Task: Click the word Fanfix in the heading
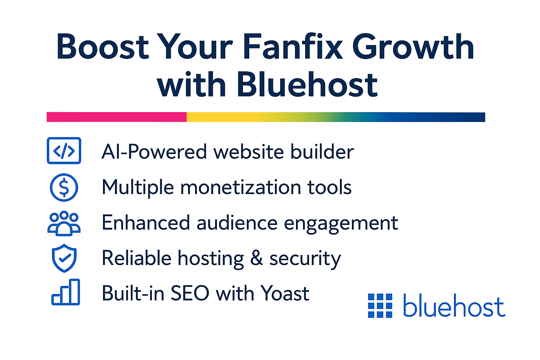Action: coord(292,47)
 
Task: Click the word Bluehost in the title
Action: coord(307,85)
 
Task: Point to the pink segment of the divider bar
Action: coord(116,117)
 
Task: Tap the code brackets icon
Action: coord(64,151)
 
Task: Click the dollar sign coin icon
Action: coord(64,187)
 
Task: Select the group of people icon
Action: coord(64,223)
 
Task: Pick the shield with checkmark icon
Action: coord(64,258)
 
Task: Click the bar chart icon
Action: coord(66,292)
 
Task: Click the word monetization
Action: coord(241,187)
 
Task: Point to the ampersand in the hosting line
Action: coord(257,258)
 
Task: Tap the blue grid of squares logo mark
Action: coord(380,306)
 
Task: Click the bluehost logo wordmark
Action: coord(454,306)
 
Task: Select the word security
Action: coord(305,259)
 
